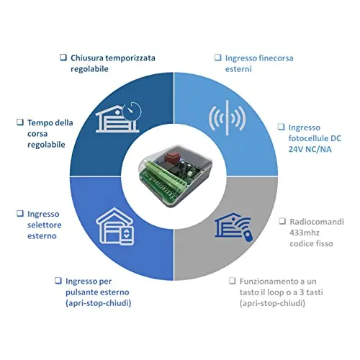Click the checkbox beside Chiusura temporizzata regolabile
[63, 58]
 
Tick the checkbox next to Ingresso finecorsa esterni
[217, 58]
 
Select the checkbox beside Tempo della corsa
[20, 122]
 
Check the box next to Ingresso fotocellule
[281, 127]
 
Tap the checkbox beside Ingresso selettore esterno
[20, 213]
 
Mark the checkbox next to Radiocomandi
[282, 221]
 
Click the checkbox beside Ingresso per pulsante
[58, 281]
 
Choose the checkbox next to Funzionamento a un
[232, 281]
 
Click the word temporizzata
[130, 58]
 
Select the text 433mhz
[305, 233]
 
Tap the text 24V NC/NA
[310, 149]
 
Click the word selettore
[45, 225]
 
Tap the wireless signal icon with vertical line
[227, 118]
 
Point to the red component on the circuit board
[171, 156]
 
